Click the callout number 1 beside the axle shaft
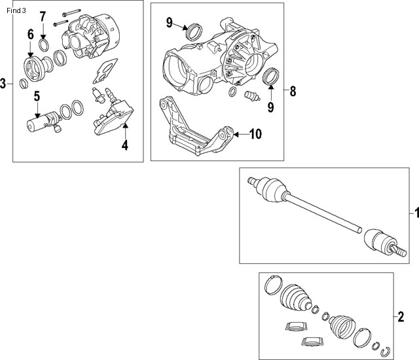(x=413, y=213)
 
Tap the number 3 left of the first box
(x=4, y=83)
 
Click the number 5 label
(x=37, y=96)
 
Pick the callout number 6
(x=30, y=34)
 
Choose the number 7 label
(x=43, y=16)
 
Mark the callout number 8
(x=293, y=91)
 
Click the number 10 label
(x=255, y=134)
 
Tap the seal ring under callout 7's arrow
(x=44, y=45)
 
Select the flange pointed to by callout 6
(x=32, y=67)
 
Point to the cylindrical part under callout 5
(x=39, y=124)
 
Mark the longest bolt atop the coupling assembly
(x=69, y=14)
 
